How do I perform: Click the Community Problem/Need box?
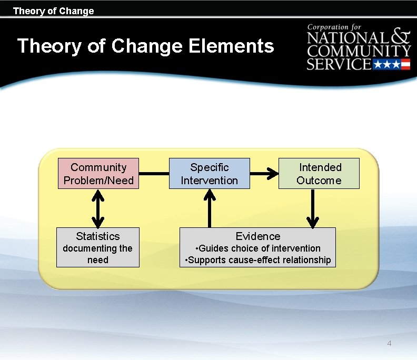click(x=98, y=174)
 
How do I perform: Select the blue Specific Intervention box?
click(x=209, y=174)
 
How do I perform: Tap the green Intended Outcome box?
click(x=319, y=174)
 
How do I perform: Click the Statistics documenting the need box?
click(x=97, y=247)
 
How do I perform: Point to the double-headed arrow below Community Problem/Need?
click(x=98, y=208)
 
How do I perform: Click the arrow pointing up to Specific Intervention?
click(x=210, y=208)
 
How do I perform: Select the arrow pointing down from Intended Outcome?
click(x=313, y=208)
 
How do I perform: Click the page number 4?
click(x=389, y=344)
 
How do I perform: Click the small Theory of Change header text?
click(x=53, y=11)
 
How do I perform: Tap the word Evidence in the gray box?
click(x=257, y=236)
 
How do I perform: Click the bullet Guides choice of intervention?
click(x=257, y=248)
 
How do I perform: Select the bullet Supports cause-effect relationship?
click(x=257, y=259)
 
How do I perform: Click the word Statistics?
click(x=97, y=236)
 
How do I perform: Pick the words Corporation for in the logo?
click(x=334, y=26)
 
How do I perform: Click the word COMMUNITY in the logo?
click(x=359, y=51)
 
